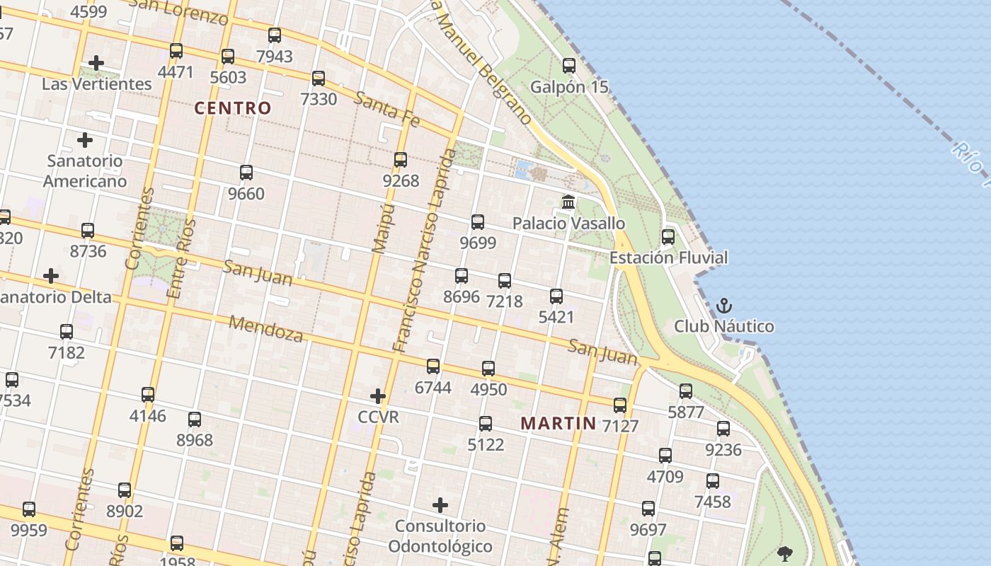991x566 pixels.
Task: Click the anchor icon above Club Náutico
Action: [723, 306]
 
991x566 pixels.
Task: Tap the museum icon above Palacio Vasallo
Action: [568, 203]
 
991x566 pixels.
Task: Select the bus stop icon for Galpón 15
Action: [569, 67]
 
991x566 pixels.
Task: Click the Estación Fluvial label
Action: [668, 258]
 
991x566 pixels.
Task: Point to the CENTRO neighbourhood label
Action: [233, 108]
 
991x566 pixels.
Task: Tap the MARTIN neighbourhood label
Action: [558, 424]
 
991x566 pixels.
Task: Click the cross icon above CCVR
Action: [378, 396]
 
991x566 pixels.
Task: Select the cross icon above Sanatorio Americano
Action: [85, 140]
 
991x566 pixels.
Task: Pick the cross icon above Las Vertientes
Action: [96, 63]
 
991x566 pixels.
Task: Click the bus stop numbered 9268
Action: [401, 160]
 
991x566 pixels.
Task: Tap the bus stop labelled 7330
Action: [319, 79]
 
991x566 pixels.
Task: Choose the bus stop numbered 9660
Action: [246, 173]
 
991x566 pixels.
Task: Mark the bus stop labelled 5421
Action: [556, 296]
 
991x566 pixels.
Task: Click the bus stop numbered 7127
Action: [620, 405]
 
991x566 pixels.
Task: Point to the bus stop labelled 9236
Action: [723, 429]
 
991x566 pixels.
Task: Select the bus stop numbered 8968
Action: [195, 420]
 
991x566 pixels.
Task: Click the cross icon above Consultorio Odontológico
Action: [440, 505]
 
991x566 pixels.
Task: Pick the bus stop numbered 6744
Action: [433, 366]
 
